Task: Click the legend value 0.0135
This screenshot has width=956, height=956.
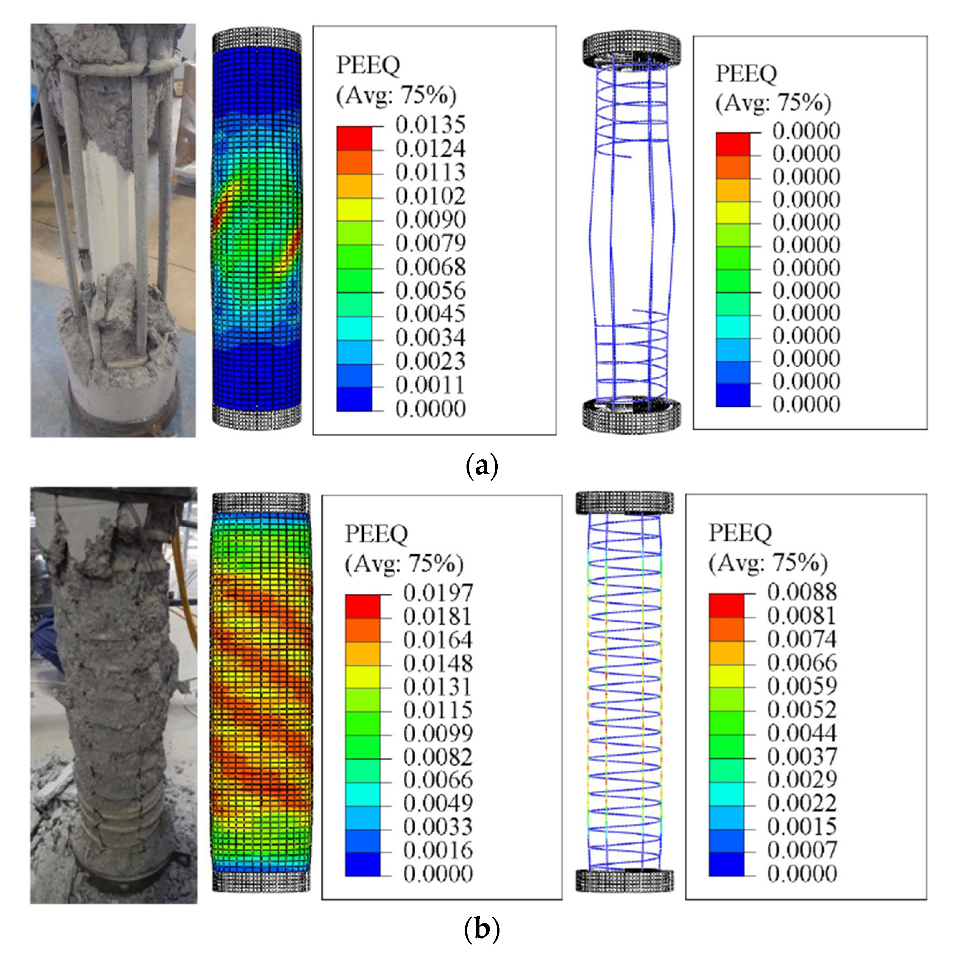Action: click(430, 125)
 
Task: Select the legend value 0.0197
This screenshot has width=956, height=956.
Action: click(438, 593)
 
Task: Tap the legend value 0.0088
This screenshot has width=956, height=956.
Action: click(802, 592)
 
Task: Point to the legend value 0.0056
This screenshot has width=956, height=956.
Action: click(430, 291)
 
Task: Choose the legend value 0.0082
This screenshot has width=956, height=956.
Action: click(438, 757)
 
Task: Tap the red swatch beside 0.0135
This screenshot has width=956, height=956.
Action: click(354, 139)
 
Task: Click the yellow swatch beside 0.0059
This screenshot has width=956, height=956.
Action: click(726, 677)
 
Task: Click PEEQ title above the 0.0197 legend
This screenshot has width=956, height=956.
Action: click(376, 534)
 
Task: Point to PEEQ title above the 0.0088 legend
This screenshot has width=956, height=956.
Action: click(740, 533)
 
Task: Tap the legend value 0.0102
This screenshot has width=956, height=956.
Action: click(430, 196)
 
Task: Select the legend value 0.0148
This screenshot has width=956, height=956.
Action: click(438, 663)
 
